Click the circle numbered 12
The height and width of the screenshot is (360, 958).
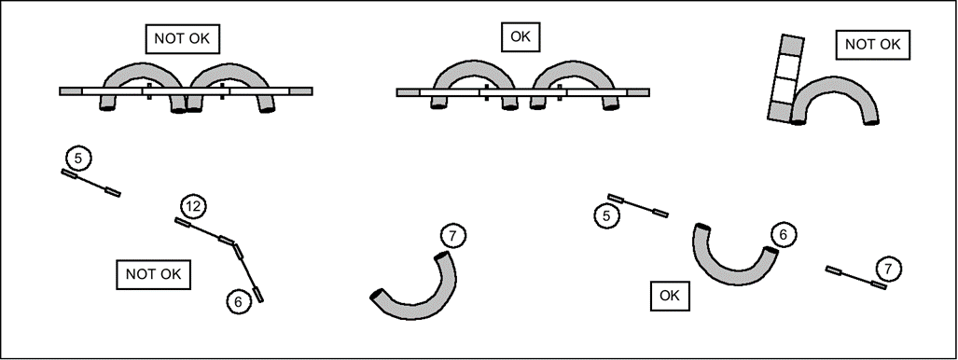tap(193, 207)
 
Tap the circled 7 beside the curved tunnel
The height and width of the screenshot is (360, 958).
tap(452, 235)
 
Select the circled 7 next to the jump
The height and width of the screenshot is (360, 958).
tap(888, 269)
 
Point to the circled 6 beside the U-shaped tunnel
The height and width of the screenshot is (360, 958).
tap(784, 234)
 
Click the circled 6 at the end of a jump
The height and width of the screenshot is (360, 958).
tap(239, 301)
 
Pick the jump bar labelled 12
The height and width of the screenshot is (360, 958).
tap(204, 231)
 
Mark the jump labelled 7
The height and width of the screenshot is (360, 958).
tap(856, 278)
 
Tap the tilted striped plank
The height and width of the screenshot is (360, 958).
tap(785, 78)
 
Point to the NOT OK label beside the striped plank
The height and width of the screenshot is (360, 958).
tap(872, 45)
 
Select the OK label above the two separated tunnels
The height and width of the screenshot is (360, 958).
tap(521, 36)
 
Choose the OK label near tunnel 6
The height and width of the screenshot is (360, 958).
tap(670, 296)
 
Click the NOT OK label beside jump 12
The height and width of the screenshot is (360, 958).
tap(153, 274)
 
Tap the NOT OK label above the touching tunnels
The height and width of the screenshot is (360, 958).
tap(182, 39)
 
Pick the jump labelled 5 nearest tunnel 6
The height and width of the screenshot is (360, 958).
tap(638, 205)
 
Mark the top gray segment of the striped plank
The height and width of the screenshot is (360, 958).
tap(793, 45)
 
